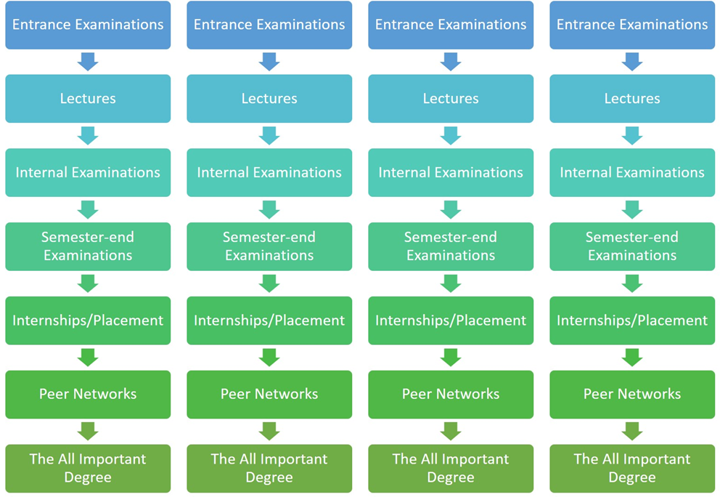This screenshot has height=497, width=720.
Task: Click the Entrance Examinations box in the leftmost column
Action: coord(88,25)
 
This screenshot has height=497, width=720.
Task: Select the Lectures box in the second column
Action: coord(269,99)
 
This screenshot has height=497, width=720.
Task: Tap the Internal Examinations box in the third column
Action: coord(451,173)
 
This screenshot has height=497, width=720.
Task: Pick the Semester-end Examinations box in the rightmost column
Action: coord(632,246)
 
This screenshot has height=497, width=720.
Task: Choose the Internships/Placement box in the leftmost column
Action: coord(88,320)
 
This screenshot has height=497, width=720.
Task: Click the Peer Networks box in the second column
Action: coord(269,395)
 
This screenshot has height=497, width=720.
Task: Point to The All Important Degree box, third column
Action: coord(451,468)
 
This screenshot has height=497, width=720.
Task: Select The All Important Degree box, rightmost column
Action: coord(632,468)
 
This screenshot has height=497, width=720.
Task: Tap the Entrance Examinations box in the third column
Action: coord(451,25)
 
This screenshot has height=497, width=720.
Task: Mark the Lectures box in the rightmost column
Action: coord(632,99)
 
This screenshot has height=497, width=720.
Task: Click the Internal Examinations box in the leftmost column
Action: coord(88,173)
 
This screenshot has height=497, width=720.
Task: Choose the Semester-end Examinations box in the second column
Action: coord(269,246)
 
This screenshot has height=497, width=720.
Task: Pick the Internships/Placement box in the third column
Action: coord(451,320)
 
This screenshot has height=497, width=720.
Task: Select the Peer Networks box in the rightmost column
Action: coord(632,395)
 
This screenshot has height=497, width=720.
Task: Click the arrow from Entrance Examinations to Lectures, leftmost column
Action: coord(88,62)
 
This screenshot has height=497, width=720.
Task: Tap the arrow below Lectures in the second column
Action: coord(269,136)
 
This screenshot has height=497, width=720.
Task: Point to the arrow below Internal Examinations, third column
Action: coord(451,210)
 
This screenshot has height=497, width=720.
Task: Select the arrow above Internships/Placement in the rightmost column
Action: coord(632,283)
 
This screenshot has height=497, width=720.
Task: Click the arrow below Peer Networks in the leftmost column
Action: coord(88,431)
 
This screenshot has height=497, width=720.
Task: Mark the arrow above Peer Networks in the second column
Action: coord(269,357)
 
